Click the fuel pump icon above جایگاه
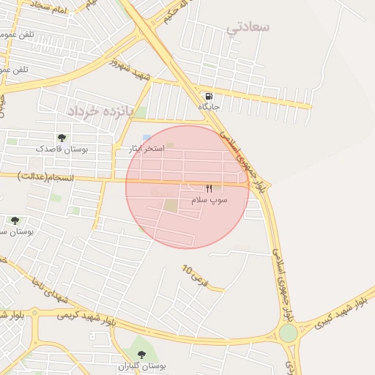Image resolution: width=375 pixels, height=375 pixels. tap(209, 96)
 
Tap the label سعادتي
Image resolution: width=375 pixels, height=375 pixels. tap(248, 28)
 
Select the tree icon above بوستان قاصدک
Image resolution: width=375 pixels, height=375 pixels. tap(62, 137)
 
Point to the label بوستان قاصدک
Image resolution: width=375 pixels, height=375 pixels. tap(62, 149)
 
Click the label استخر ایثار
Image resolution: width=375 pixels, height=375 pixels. tap(145, 149)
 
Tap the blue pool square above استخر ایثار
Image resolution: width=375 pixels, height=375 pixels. tap(146, 138)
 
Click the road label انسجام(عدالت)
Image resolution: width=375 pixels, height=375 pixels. tap(42, 177)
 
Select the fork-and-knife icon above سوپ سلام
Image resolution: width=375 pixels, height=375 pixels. tap(209, 188)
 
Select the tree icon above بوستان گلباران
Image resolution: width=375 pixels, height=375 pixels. tap(141, 354)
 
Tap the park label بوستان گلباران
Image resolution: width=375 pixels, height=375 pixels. tap(141, 365)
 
